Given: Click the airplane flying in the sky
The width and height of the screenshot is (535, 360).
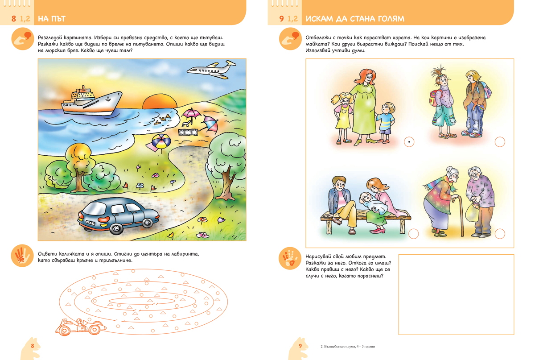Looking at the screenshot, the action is pyautogui.click(x=211, y=69).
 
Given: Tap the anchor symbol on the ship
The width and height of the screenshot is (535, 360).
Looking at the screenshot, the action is pyautogui.click(x=108, y=99).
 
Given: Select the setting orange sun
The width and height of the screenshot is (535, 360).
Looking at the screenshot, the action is pyautogui.click(x=160, y=101).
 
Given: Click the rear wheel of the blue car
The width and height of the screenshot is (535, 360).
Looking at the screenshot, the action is pyautogui.click(x=116, y=229).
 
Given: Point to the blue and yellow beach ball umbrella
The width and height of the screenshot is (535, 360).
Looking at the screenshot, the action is pyautogui.click(x=161, y=141).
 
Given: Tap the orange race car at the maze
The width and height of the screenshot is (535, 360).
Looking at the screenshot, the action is pyautogui.click(x=80, y=327).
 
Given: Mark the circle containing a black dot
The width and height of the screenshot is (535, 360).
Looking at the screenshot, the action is pyautogui.click(x=409, y=142).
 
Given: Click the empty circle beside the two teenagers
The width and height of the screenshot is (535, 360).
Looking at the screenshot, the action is pyautogui.click(x=500, y=142).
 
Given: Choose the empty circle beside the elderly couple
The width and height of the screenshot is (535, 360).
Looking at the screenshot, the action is pyautogui.click(x=500, y=234).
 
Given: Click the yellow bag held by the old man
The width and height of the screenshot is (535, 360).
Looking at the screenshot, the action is pyautogui.click(x=472, y=212).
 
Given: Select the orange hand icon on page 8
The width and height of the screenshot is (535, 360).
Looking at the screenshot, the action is pyautogui.click(x=22, y=256).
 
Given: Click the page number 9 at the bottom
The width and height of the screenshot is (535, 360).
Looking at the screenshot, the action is pyautogui.click(x=300, y=346).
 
